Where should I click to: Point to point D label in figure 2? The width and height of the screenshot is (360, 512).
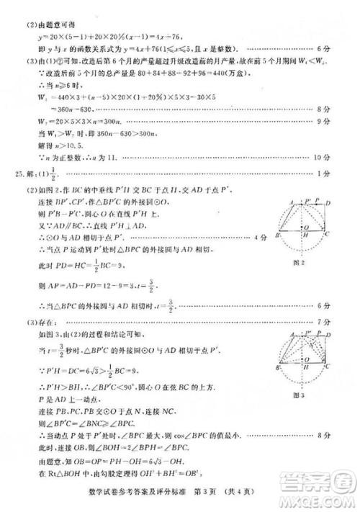tap(330, 204)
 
